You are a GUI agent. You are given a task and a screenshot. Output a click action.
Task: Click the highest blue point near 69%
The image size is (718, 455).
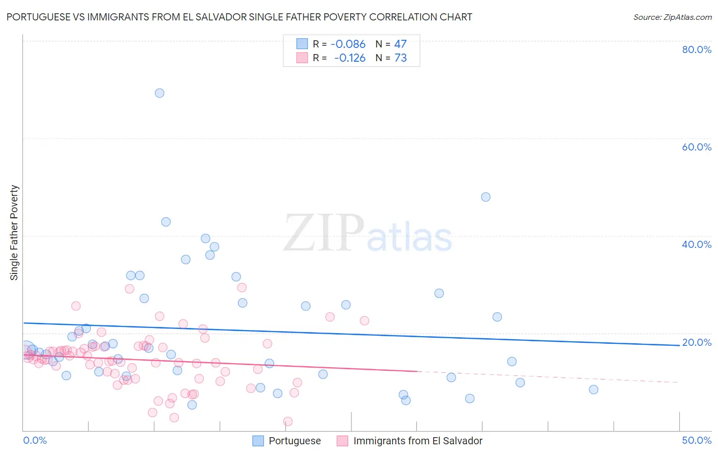pyautogui.click(x=159, y=93)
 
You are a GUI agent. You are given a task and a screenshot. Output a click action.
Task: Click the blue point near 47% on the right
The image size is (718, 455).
pyautogui.click(x=486, y=197)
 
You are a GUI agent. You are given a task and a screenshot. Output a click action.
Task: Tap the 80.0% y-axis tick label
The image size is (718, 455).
pyautogui.click(x=697, y=49)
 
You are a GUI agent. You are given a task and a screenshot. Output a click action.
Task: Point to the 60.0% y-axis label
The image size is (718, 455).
pyautogui.click(x=697, y=147)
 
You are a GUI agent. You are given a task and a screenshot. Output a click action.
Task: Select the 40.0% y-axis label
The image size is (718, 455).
pyautogui.click(x=697, y=244)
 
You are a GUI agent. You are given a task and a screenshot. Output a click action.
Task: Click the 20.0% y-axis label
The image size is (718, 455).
pyautogui.click(x=697, y=342)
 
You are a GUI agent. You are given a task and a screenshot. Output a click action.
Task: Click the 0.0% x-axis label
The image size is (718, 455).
pyautogui.click(x=35, y=440)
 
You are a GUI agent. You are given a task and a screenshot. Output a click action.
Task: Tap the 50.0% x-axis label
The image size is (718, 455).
pyautogui.click(x=697, y=440)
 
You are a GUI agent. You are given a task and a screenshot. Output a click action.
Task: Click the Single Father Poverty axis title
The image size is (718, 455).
pyautogui.click(x=14, y=233)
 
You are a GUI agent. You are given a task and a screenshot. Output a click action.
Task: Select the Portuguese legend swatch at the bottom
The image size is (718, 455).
pyautogui.click(x=258, y=441)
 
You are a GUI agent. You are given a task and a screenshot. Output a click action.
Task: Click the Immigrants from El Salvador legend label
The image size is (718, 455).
pyautogui.click(x=418, y=441)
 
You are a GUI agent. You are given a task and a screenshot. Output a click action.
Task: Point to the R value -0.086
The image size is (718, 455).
pyautogui.click(x=348, y=44)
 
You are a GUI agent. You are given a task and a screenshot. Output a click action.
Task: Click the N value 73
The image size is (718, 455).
pyautogui.click(x=400, y=58)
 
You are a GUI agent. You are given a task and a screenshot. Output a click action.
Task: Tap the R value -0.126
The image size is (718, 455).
pyautogui.click(x=350, y=58)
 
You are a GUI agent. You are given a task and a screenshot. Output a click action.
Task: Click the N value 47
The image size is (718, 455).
pyautogui.click(x=400, y=44)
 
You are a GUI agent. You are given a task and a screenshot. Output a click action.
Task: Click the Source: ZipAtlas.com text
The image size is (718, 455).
pyautogui.click(x=672, y=17)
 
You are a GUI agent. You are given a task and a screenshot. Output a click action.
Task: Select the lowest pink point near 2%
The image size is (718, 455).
pyautogui.click(x=288, y=421)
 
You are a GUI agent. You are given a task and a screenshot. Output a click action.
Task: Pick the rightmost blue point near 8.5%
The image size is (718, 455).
pyautogui.click(x=593, y=390)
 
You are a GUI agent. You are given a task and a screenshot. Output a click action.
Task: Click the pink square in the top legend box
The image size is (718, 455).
pyautogui.click(x=302, y=58)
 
